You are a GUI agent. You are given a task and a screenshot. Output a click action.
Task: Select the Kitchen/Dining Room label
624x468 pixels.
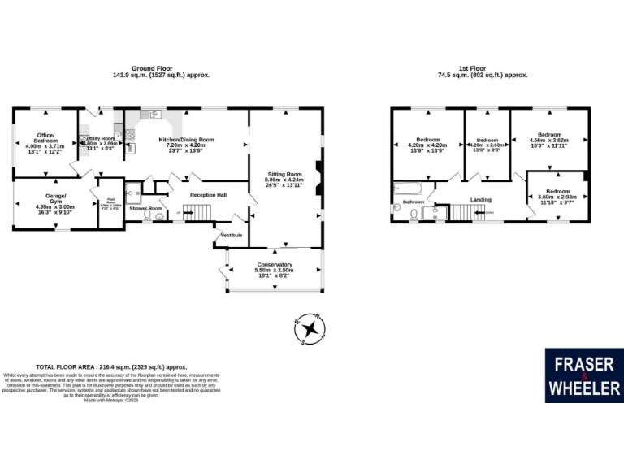pos(185,139)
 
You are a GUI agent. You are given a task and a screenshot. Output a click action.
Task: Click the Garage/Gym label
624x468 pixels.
pos(55,197)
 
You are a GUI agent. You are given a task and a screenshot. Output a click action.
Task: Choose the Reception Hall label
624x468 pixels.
pos(208,195)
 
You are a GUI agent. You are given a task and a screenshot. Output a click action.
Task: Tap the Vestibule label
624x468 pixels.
pos(232,235)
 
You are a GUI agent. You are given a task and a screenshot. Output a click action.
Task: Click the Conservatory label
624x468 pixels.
pos(275,265)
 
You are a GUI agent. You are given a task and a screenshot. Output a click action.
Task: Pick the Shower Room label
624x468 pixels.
pos(145,209)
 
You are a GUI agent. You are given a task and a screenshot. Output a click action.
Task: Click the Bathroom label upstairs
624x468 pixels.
pos(414,201)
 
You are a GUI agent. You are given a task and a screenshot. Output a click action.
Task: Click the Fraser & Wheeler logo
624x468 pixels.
pos(584,375)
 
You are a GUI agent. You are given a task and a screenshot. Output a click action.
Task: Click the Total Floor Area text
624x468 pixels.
pos(112,366)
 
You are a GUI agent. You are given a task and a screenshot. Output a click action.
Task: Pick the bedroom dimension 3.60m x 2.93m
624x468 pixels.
pos(557,197)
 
